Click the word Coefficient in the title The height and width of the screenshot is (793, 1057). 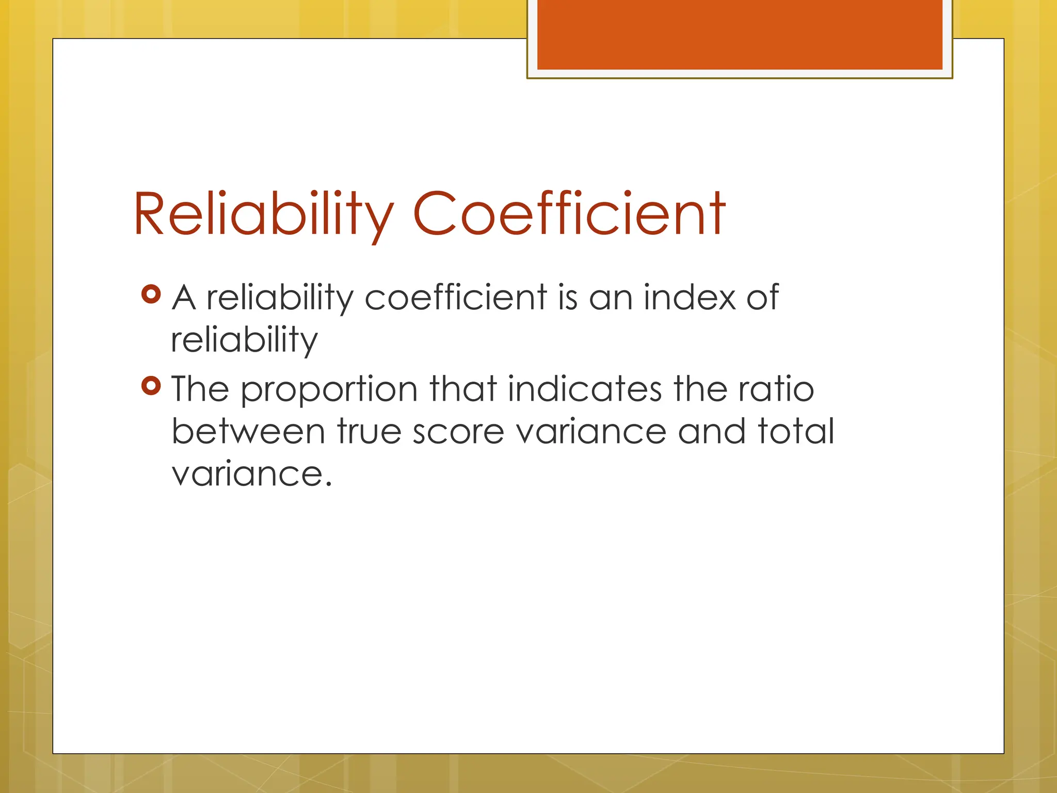(x=569, y=213)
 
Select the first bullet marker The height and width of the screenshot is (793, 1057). (x=151, y=294)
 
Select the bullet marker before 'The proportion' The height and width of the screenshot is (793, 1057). (x=151, y=386)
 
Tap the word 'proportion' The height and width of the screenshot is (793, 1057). (x=329, y=390)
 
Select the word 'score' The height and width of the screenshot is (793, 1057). (x=458, y=433)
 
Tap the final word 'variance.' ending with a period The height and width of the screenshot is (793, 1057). (x=251, y=474)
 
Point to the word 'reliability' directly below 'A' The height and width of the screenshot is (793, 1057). (x=244, y=341)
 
